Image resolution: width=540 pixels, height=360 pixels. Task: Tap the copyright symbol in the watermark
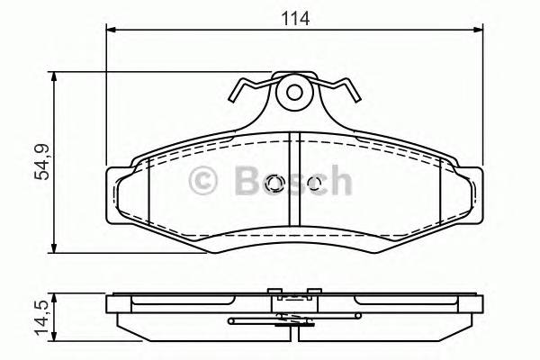click(x=204, y=183)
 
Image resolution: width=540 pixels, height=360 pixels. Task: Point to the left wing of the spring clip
click(x=247, y=87)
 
